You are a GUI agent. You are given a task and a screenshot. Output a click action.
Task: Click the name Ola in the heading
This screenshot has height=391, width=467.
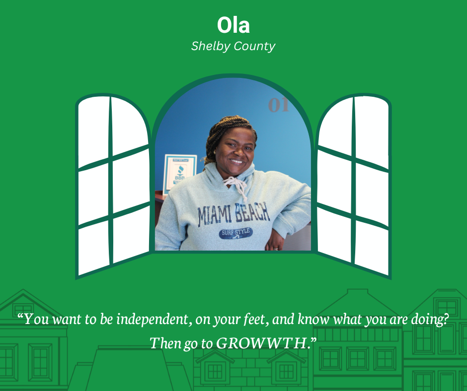click(233, 25)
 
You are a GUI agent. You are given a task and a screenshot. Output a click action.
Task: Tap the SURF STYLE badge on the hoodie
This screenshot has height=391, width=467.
click(236, 232)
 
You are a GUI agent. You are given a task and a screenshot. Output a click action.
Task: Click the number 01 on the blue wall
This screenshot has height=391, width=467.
click(278, 105)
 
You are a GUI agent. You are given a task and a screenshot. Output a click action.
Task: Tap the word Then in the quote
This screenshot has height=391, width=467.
click(164, 342)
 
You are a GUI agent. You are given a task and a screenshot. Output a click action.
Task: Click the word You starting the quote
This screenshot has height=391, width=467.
click(34, 319)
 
